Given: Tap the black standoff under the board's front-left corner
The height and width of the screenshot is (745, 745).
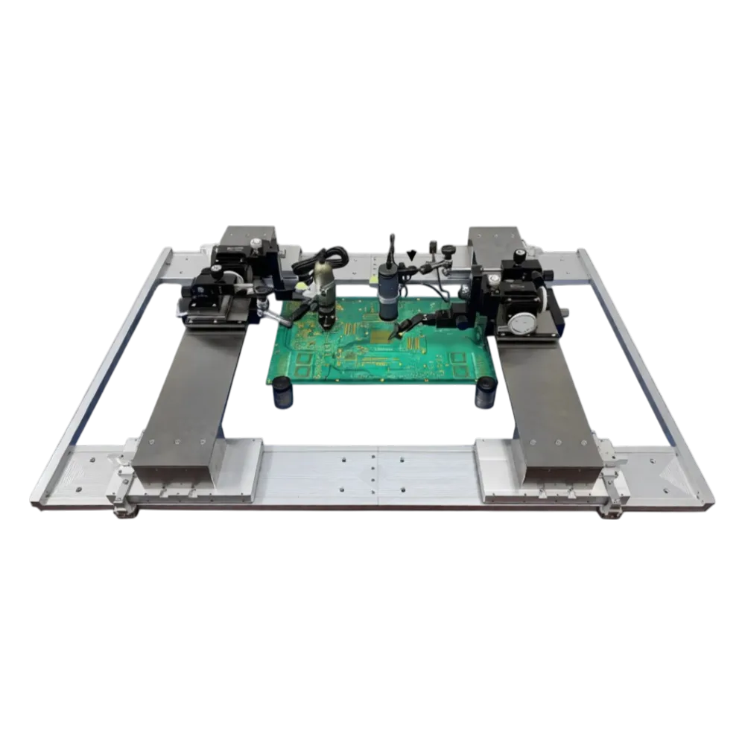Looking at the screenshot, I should [282, 393].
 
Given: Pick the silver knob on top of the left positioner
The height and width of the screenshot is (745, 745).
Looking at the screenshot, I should [256, 243].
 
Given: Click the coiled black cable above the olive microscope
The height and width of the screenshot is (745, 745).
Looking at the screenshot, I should [320, 261].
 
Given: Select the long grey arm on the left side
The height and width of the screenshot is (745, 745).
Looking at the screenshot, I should [190, 402].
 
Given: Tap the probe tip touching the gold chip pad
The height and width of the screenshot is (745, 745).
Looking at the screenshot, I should [393, 337].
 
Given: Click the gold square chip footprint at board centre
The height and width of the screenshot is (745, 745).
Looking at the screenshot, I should [382, 337].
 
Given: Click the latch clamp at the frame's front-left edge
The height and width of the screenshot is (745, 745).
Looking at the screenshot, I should [121, 507].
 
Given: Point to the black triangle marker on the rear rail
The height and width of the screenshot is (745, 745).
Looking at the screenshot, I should [412, 255].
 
